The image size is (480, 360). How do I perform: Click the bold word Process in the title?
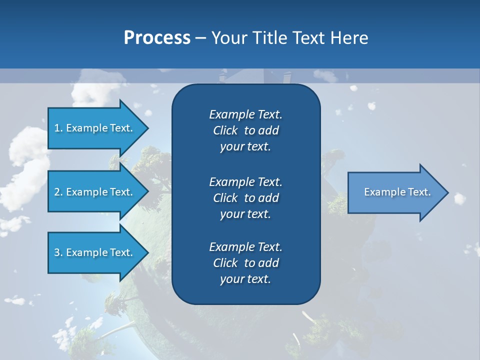coord(157,38)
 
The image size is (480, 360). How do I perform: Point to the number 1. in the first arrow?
coord(58,128)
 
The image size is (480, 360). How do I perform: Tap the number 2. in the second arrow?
coord(58,192)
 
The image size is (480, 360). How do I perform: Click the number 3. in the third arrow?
coord(58,252)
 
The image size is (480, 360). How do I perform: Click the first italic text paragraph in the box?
coord(245,130)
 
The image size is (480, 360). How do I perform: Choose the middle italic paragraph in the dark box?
coord(245,197)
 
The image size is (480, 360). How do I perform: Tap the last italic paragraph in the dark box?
coord(245,263)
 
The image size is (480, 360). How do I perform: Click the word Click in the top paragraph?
coord(225,130)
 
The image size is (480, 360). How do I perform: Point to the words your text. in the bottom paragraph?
coord(245,279)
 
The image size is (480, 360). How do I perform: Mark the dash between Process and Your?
coord(200,38)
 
